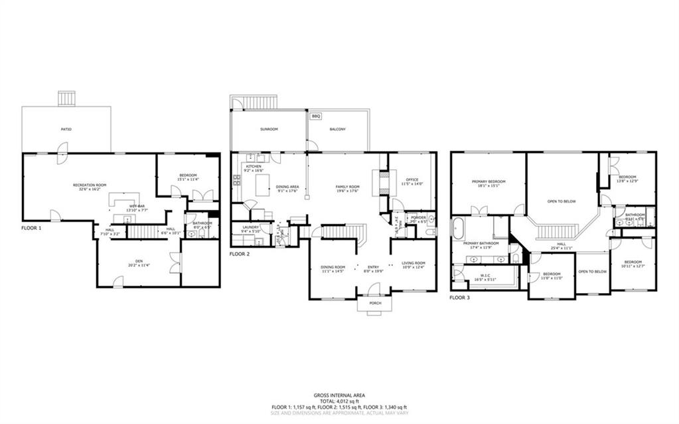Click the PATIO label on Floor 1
coord(67,129)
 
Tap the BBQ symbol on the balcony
coord(316,116)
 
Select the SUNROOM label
coord(268,129)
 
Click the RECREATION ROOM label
coord(90,185)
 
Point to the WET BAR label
coord(137,206)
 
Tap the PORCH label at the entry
coord(374,303)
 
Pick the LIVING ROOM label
coord(413,263)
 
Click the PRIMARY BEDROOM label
coord(489,181)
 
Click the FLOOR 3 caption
coord(459,298)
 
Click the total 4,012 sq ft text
coord(339,401)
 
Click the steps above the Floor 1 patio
coord(67,98)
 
